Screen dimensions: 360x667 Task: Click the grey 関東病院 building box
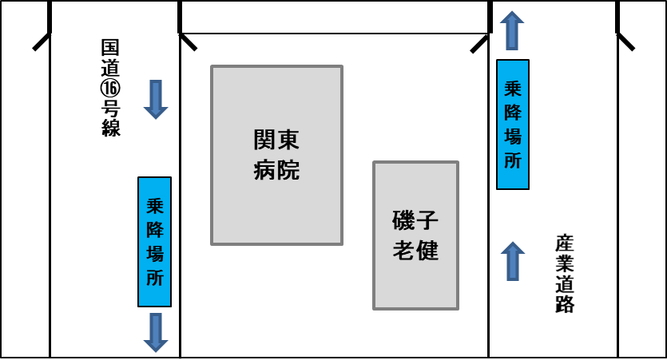(x=276, y=155)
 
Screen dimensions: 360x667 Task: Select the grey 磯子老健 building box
(x=416, y=235)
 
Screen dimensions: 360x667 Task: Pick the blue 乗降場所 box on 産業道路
(x=513, y=125)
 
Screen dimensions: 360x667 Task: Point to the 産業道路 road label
(x=565, y=273)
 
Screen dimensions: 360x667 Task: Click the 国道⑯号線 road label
(x=111, y=88)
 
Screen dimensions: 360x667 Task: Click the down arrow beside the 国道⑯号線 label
(x=156, y=100)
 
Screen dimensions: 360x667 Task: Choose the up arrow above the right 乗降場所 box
(x=513, y=30)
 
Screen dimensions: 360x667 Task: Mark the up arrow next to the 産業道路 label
(x=513, y=261)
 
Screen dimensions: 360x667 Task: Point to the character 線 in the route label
(x=111, y=128)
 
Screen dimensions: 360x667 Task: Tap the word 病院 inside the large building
(x=276, y=169)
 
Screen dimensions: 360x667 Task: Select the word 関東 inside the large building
(x=276, y=141)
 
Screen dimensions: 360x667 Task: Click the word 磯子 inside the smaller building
(x=416, y=221)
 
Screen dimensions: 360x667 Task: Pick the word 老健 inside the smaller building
(x=416, y=250)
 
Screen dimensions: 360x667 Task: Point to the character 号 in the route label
(x=111, y=109)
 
